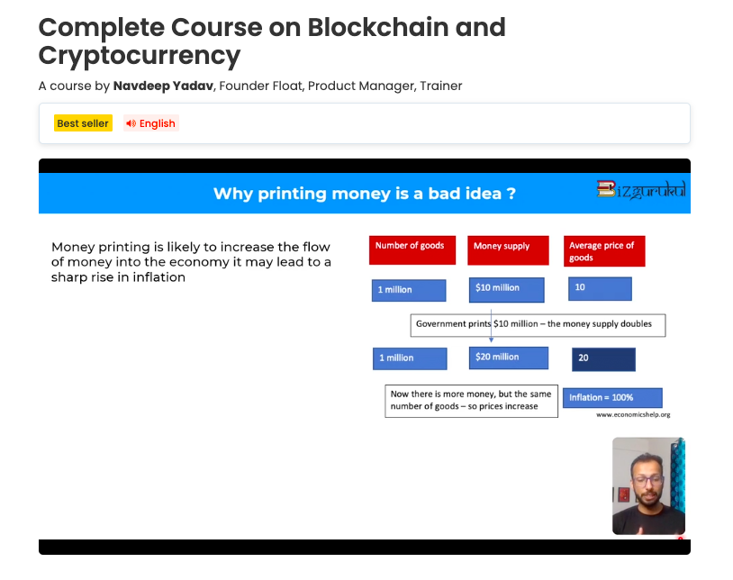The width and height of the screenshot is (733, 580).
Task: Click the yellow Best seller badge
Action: (83, 122)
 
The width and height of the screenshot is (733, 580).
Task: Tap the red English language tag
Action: (151, 122)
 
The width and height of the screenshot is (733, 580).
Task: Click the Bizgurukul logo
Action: (641, 190)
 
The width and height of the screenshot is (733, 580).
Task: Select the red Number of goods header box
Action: (412, 250)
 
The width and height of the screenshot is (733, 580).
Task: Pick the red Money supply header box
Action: (508, 250)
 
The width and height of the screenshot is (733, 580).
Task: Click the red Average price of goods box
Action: (604, 251)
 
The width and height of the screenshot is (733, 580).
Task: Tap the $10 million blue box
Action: (507, 290)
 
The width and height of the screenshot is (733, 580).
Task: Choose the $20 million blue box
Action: (509, 358)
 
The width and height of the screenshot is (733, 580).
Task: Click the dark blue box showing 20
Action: (603, 359)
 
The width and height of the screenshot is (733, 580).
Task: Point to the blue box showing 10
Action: (601, 288)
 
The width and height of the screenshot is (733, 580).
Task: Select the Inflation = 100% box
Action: (612, 398)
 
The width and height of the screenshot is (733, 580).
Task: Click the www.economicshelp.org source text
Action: (633, 414)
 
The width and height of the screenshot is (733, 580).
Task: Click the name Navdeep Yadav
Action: (163, 86)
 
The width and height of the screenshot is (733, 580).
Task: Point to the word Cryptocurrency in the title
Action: (140, 56)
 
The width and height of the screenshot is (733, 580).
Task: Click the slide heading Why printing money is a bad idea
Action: (365, 194)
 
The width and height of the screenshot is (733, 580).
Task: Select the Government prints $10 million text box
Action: (538, 325)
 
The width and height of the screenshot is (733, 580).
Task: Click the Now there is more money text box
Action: (471, 401)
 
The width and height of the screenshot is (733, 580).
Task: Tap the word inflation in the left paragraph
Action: (159, 277)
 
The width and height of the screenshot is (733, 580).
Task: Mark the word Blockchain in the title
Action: (378, 27)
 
